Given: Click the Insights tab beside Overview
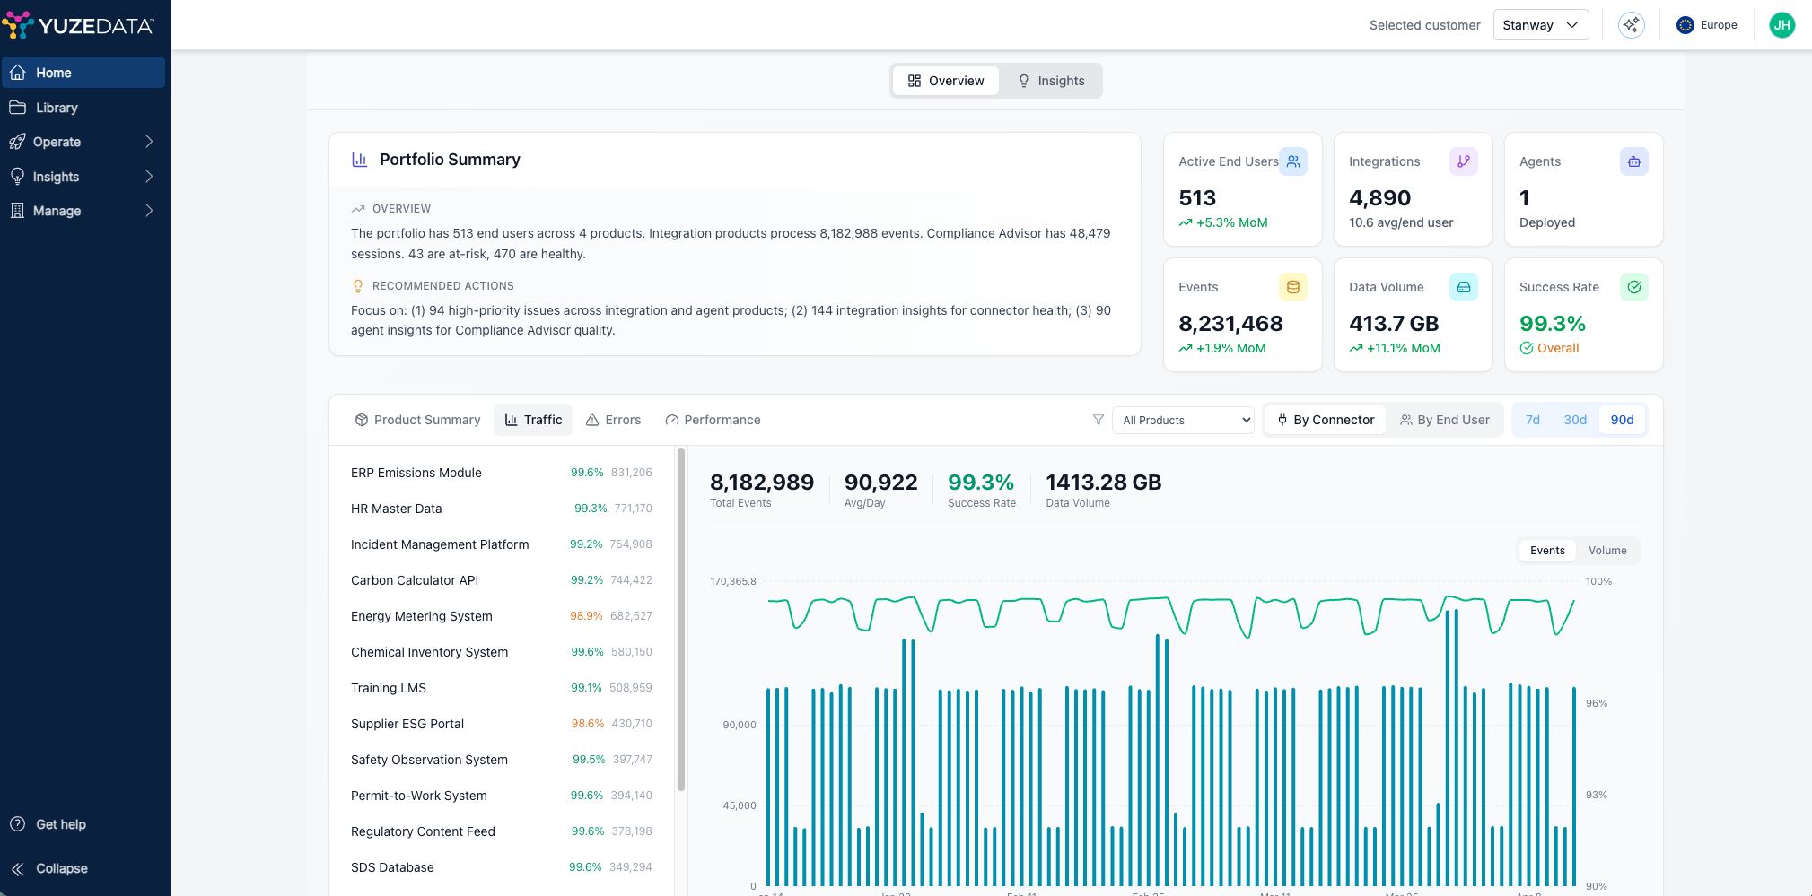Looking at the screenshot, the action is click(1050, 81).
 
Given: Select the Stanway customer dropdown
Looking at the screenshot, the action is click(1540, 25).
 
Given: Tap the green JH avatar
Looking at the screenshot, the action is click(1781, 25).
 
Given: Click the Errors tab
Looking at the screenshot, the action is click(613, 420).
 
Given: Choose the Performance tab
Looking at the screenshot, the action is click(713, 420).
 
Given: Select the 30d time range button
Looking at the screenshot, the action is click(1575, 420).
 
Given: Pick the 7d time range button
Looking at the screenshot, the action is click(1533, 420).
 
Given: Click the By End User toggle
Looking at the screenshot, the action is click(1445, 420).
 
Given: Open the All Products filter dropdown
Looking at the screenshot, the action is click(1183, 420).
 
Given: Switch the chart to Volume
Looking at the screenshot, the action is click(1607, 551).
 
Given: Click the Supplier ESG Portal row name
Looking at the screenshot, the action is click(407, 724).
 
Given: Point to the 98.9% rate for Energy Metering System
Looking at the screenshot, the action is click(586, 616).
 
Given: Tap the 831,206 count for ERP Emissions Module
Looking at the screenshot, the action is click(632, 473).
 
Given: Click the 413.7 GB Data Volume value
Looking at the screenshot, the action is click(1394, 324).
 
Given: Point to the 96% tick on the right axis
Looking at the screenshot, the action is click(1597, 703).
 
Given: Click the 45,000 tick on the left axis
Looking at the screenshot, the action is click(740, 805).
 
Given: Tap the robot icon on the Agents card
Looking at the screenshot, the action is click(1634, 161).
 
